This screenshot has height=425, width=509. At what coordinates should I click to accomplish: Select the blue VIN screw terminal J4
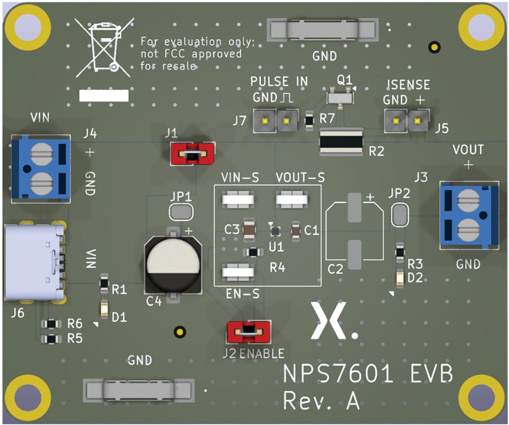[40, 168]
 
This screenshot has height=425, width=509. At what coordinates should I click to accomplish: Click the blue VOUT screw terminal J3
[469, 214]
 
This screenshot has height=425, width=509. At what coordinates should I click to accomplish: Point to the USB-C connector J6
[35, 262]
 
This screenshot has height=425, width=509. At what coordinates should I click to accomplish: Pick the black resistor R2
[341, 141]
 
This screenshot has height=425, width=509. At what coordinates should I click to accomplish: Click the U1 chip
[275, 231]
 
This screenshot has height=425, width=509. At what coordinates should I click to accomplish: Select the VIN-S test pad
[238, 199]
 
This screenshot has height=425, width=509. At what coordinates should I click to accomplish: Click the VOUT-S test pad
[292, 199]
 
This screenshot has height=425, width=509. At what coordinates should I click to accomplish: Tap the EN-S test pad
[238, 272]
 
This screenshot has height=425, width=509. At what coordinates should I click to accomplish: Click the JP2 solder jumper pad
[399, 214]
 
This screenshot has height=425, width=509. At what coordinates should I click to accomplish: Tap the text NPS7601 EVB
[368, 374]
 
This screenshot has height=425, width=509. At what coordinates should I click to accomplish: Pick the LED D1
[104, 309]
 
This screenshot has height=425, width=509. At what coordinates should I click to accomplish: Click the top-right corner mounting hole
[480, 26]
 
